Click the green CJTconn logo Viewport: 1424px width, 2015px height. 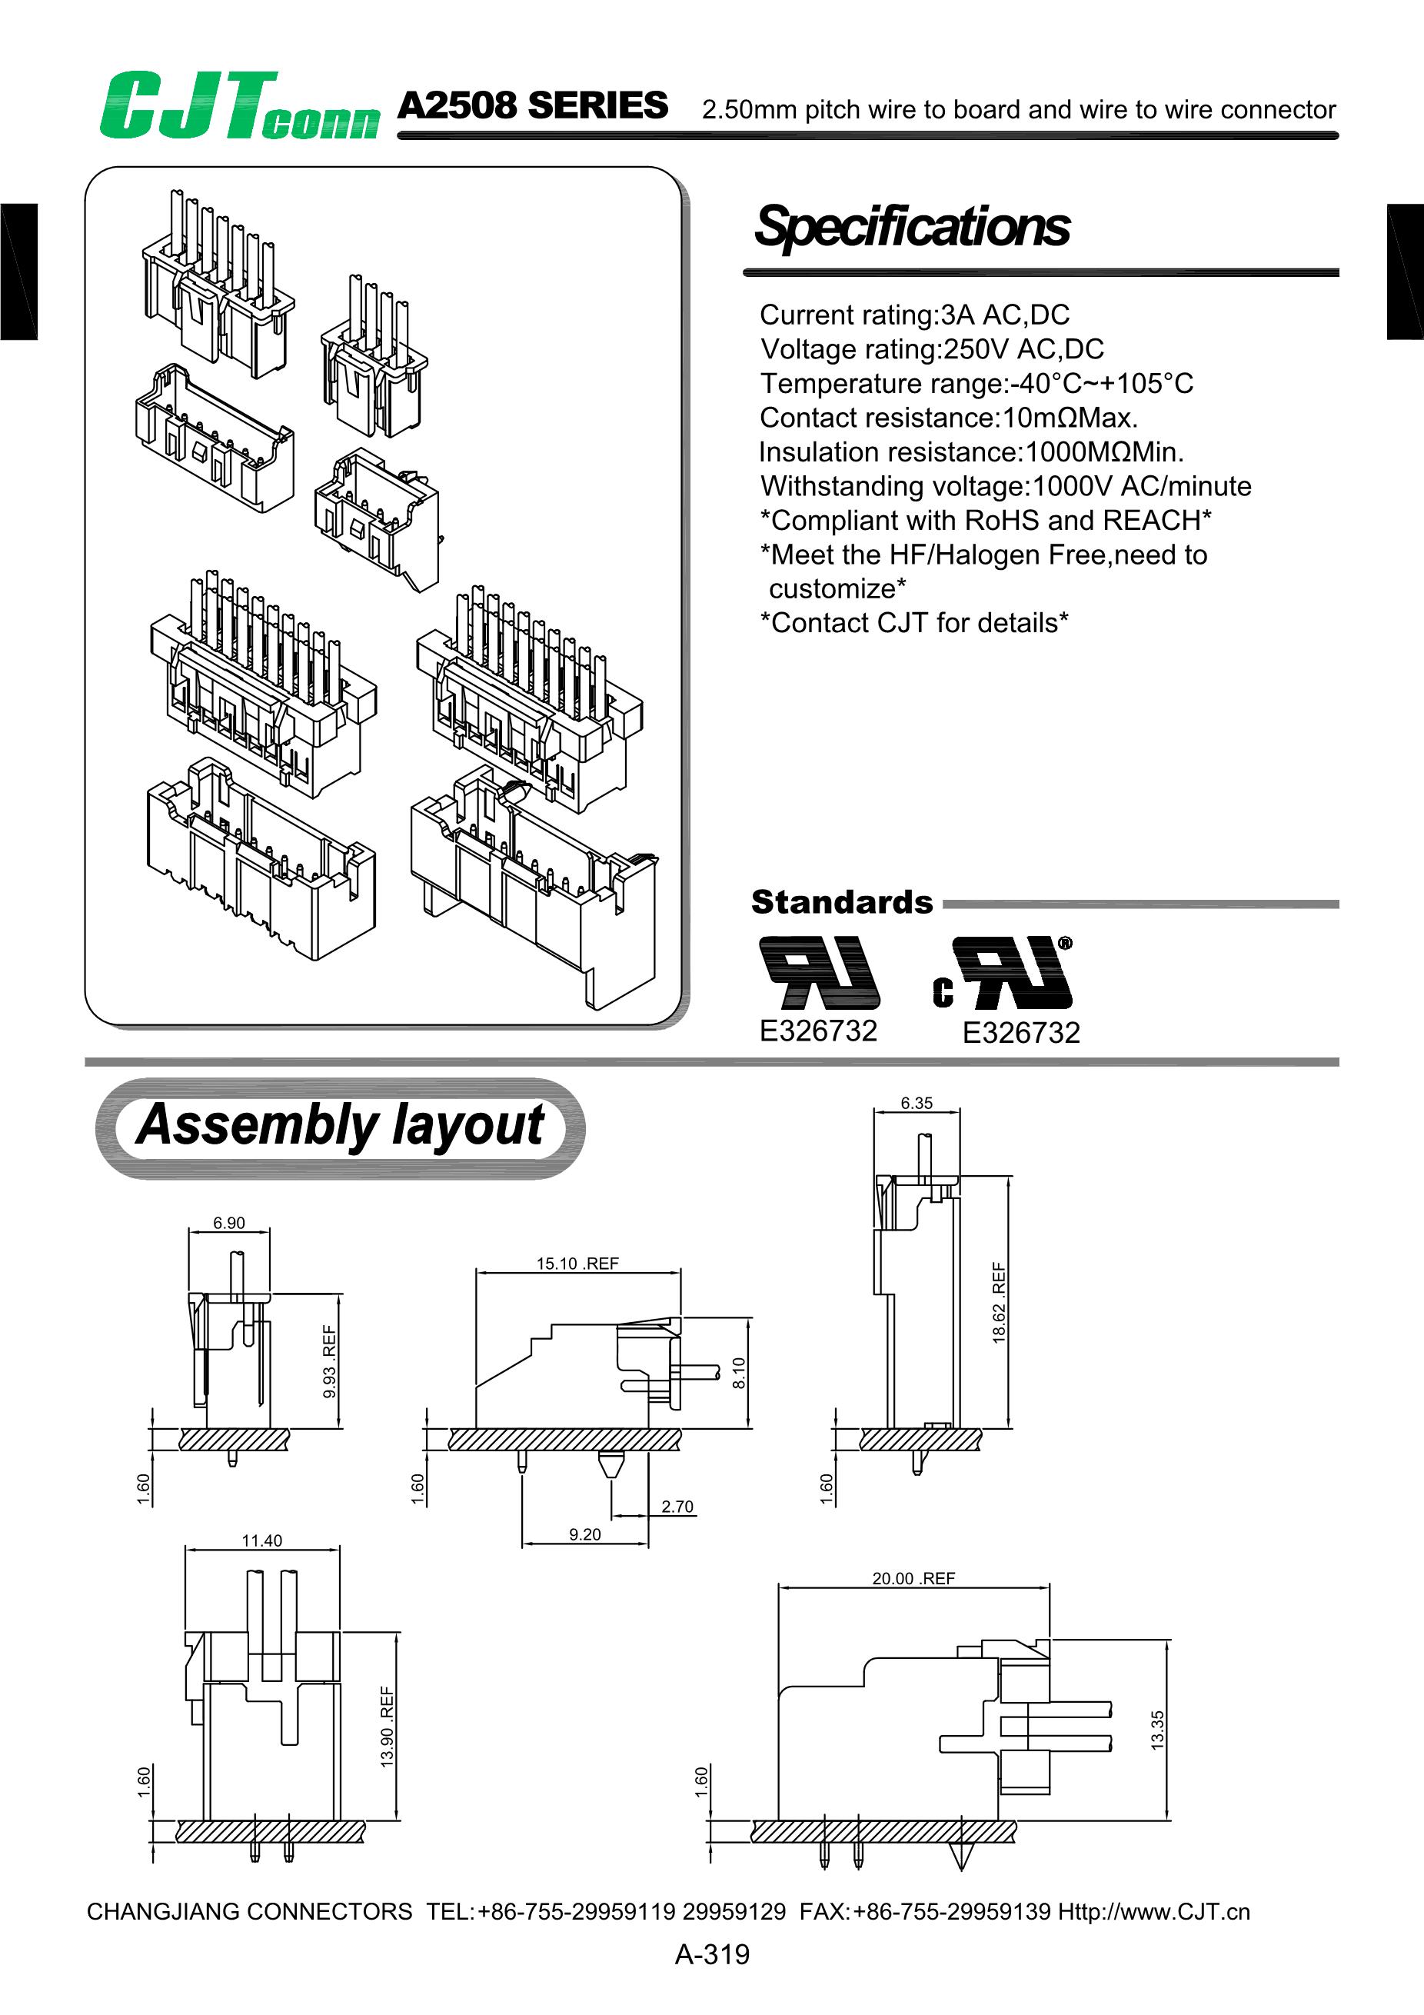[x=238, y=107]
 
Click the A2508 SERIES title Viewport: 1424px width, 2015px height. [x=533, y=106]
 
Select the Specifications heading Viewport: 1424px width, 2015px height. [x=912, y=226]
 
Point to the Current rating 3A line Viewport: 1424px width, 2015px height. [x=914, y=315]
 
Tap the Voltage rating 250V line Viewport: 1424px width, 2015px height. [x=932, y=349]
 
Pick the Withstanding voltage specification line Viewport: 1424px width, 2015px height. [x=1006, y=486]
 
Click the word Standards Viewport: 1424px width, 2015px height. [x=841, y=902]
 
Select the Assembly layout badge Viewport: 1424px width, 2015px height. [x=340, y=1127]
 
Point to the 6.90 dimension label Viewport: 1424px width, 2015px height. [x=229, y=1223]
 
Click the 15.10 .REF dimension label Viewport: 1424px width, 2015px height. [x=577, y=1264]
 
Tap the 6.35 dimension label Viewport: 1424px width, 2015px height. [x=916, y=1103]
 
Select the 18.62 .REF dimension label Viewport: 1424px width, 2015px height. [x=999, y=1302]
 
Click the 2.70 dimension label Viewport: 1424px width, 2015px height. [x=677, y=1507]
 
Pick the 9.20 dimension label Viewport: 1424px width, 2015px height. [x=585, y=1534]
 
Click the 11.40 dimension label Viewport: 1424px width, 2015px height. [x=261, y=1540]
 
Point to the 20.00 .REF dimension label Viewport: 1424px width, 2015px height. [x=913, y=1578]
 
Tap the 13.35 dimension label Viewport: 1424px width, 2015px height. [x=1157, y=1730]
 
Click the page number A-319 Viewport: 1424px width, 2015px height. [x=711, y=1954]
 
